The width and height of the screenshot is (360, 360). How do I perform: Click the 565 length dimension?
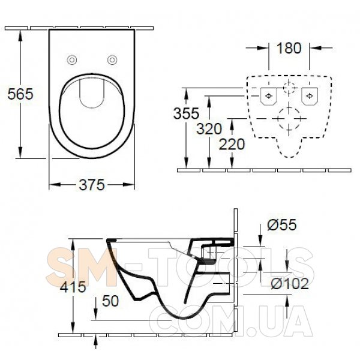pos(20,94)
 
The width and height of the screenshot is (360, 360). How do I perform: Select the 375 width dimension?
pos(92,185)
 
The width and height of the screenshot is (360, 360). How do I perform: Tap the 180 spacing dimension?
pos(289,48)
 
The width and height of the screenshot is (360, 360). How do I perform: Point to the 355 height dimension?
pos(186,113)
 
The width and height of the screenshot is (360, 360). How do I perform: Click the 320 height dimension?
pos(209,129)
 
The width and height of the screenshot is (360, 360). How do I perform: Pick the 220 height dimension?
pos(232,145)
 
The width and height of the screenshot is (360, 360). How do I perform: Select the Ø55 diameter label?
pos(282,225)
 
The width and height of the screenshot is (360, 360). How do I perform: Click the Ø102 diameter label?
pos(290,284)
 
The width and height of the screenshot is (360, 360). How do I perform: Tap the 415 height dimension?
pos(73,287)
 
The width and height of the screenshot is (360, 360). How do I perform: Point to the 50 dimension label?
pos(110,301)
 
